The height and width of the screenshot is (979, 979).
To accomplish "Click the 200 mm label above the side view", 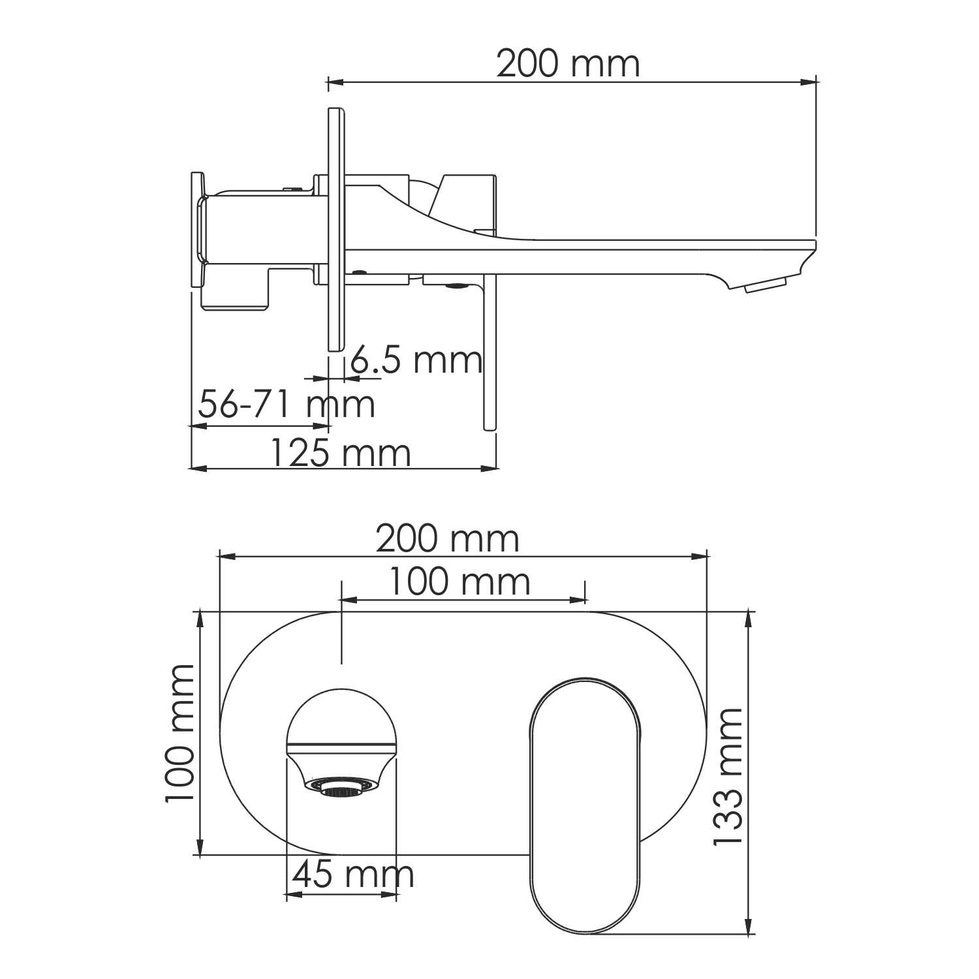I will pos(568,65).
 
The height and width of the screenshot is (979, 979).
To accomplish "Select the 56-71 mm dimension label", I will pos(287,404).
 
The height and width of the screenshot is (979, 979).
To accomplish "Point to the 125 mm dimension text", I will pos(340,453).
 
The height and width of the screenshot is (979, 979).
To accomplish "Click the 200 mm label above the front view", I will pos(448,540).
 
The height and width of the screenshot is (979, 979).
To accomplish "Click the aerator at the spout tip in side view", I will pos(765,285).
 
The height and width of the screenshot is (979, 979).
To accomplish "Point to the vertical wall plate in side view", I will pos(335,228).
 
